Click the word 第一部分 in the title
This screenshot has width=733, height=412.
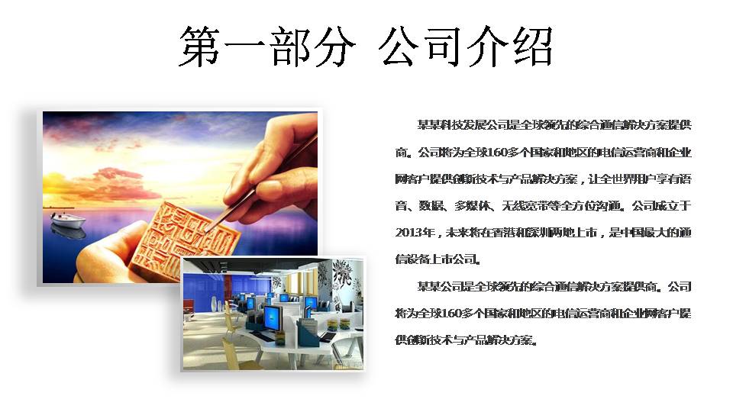(x=267, y=46)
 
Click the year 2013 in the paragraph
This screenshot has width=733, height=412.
(x=409, y=232)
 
